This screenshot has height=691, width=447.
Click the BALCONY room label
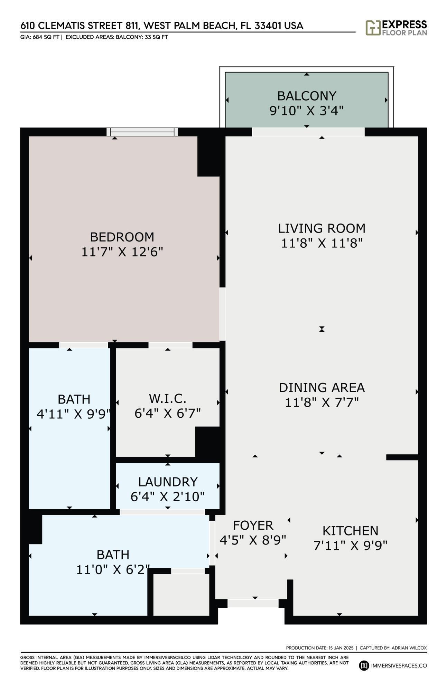click(x=306, y=96)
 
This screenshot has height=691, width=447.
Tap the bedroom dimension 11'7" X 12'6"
click(x=122, y=252)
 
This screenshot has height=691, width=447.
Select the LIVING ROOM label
click(x=322, y=228)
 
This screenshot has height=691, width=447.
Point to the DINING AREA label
click(x=322, y=387)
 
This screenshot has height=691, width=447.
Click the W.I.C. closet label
click(x=167, y=398)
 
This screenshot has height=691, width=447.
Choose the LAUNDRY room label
click(x=168, y=482)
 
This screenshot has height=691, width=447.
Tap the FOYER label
click(x=253, y=525)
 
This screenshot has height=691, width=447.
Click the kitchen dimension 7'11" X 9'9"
click(x=350, y=546)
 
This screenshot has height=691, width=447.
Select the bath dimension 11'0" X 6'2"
click(x=113, y=570)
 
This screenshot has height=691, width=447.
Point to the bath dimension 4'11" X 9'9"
click(x=74, y=414)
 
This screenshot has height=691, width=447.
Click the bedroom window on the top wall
click(x=142, y=132)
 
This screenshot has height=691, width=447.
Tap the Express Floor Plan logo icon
click(x=373, y=28)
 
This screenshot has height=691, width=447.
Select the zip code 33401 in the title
click(x=268, y=26)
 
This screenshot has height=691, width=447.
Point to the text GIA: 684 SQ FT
click(x=39, y=37)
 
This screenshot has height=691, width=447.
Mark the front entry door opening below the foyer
click(x=253, y=603)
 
